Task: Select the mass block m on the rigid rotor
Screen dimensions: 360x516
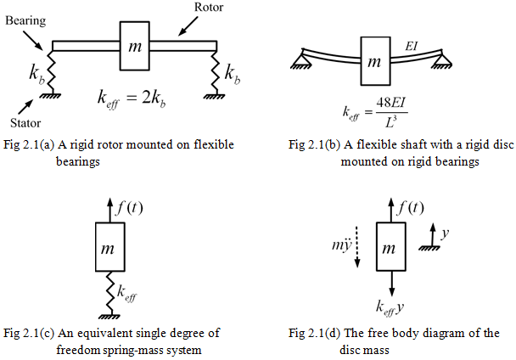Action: point(135,47)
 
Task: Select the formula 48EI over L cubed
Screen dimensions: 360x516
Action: point(373,110)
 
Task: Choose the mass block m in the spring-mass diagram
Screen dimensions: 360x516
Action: point(109,249)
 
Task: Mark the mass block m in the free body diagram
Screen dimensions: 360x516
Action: point(389,249)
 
